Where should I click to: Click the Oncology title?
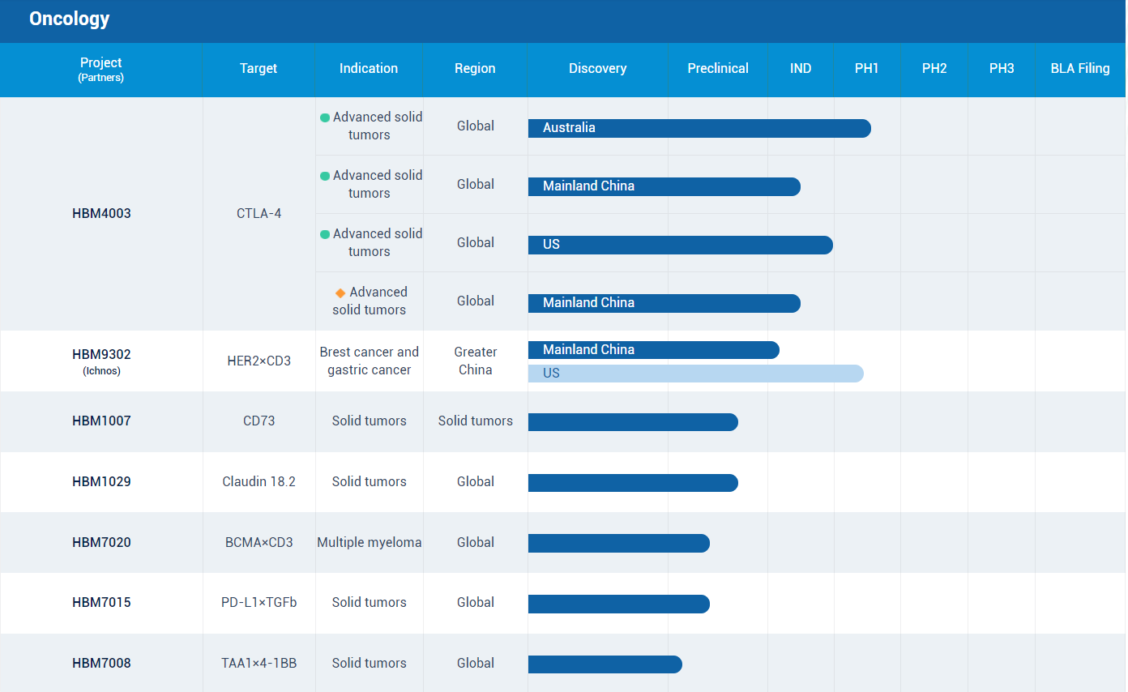click(69, 19)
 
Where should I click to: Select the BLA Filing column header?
click(1079, 69)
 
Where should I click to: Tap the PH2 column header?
click(934, 69)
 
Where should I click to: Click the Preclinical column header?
click(717, 69)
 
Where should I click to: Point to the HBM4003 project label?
click(101, 214)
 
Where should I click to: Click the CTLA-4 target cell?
click(259, 214)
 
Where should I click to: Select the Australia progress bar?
click(699, 128)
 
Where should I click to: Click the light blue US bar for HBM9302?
click(695, 374)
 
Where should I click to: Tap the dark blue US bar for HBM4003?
click(680, 245)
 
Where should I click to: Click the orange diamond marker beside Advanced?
click(340, 293)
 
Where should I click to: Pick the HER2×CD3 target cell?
click(259, 361)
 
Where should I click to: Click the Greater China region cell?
click(475, 361)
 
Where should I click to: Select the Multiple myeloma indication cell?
click(369, 543)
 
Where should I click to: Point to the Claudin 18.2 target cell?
click(259, 482)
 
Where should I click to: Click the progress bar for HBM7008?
click(605, 664)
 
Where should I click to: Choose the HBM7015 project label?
click(101, 603)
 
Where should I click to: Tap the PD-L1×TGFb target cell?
click(259, 603)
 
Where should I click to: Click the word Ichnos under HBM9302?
click(101, 371)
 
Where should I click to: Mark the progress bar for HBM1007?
click(633, 422)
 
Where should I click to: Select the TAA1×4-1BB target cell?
click(259, 664)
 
